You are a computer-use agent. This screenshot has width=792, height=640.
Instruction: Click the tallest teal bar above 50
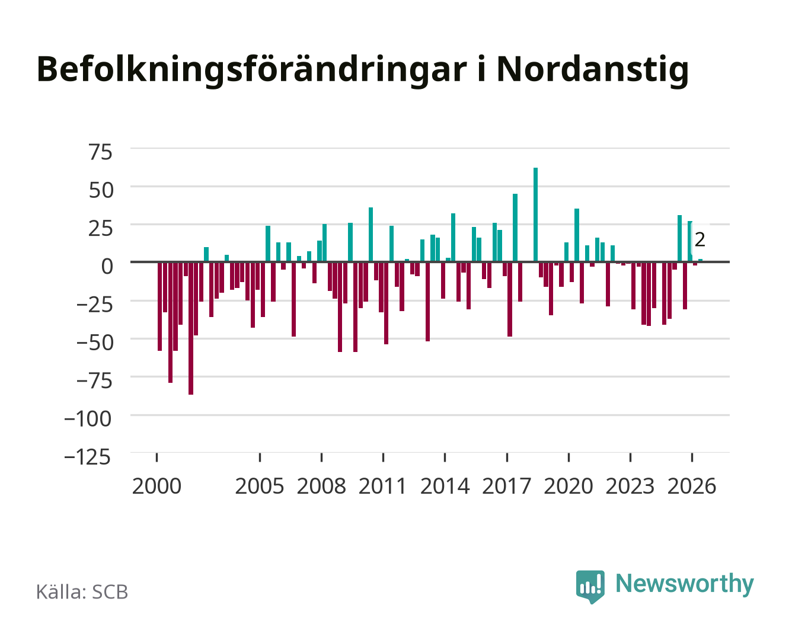click(535, 215)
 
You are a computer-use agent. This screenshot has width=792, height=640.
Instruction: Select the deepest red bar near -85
click(191, 328)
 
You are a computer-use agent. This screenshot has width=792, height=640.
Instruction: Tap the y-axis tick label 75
click(100, 152)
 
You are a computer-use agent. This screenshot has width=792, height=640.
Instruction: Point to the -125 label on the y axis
click(88, 457)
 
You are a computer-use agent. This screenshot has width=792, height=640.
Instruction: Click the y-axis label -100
click(88, 419)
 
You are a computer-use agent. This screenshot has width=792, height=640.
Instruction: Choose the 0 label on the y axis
click(107, 267)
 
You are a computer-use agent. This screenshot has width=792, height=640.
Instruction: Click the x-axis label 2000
click(157, 486)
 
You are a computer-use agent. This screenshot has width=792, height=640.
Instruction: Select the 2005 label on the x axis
click(260, 486)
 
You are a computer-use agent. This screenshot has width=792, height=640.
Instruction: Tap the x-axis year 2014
click(445, 486)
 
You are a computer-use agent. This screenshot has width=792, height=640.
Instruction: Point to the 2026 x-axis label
click(692, 486)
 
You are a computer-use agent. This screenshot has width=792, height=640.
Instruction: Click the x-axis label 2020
click(568, 486)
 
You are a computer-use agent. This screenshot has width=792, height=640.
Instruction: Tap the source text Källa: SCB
click(82, 591)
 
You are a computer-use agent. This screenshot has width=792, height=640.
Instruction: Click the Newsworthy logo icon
click(590, 587)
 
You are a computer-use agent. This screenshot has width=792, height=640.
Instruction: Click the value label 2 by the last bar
click(700, 240)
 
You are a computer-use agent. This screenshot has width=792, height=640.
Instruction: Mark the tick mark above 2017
click(507, 457)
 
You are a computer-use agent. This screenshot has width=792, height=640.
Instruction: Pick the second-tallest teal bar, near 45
click(515, 228)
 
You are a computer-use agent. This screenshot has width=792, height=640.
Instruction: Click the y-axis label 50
click(100, 190)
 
